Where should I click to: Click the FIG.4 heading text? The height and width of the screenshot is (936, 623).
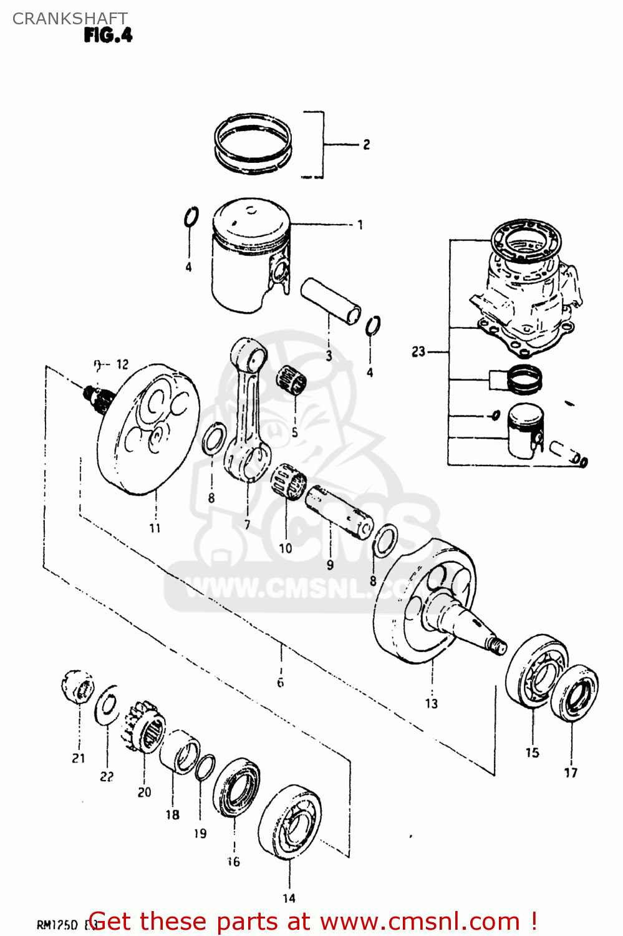click(108, 36)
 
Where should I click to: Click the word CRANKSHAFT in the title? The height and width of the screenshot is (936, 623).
click(70, 19)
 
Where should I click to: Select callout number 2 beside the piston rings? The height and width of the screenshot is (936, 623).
click(366, 145)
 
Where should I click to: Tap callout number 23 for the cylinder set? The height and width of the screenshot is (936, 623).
click(418, 352)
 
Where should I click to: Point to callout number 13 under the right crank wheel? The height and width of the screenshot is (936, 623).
click(432, 704)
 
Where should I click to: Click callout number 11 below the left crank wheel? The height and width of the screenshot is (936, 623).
click(155, 528)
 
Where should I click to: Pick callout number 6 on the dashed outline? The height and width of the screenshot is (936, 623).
click(280, 683)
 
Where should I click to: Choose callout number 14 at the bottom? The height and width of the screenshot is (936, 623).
click(289, 898)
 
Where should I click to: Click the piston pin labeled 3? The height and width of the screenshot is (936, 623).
click(331, 301)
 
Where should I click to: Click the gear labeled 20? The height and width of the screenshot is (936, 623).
click(145, 728)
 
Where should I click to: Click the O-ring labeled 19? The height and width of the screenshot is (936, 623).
click(205, 768)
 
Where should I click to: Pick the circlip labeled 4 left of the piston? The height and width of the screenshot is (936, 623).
click(191, 218)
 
